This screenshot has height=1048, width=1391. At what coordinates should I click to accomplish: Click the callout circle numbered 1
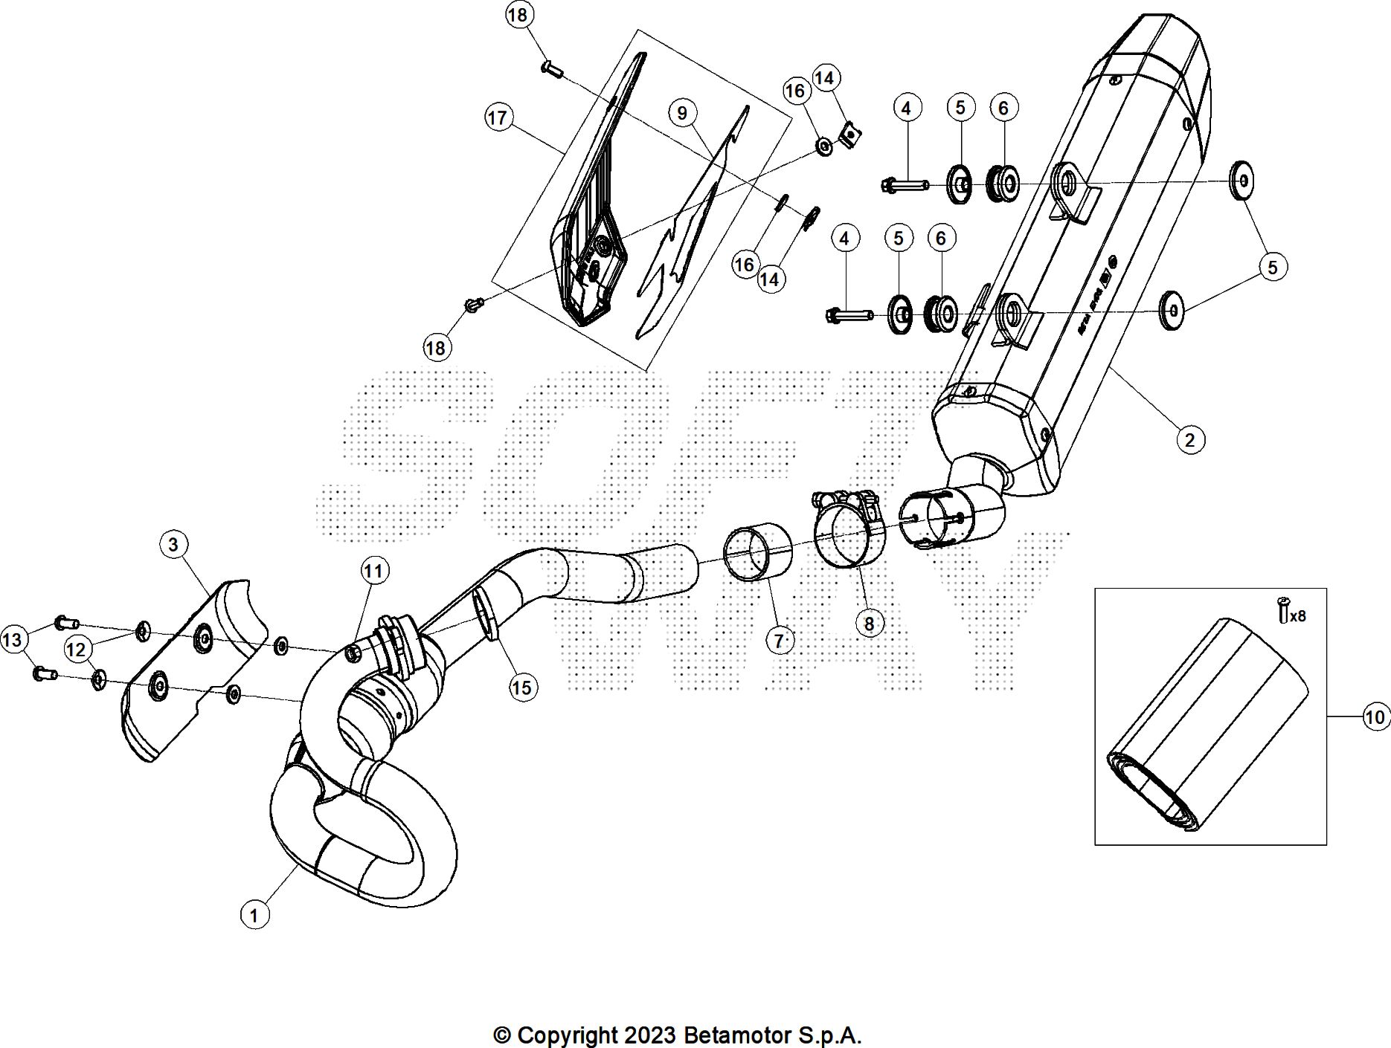coord(254,914)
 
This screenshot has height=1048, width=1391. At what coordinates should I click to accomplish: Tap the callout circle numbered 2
coord(1190,439)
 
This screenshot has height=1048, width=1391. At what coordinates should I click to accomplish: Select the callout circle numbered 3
coord(173,544)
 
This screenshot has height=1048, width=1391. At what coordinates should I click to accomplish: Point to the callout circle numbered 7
coord(779,639)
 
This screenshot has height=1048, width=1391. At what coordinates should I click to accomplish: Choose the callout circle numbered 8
coord(869,623)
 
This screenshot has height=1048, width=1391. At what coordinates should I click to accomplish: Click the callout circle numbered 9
coord(682,113)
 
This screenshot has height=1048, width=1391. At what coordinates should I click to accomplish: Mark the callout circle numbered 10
coord(1375,717)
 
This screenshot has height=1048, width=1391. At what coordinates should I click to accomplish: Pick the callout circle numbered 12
coord(77,650)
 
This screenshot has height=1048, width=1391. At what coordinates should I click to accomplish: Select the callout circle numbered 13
coord(14,639)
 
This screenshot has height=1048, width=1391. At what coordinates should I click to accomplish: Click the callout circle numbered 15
coord(522,688)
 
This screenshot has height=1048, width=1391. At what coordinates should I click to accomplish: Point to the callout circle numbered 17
coord(498,117)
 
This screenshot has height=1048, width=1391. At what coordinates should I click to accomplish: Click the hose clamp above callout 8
coord(847,528)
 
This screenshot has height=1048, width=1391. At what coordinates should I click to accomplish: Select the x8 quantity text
coord(1297,616)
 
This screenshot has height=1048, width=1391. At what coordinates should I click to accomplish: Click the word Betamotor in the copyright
coord(736,1035)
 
